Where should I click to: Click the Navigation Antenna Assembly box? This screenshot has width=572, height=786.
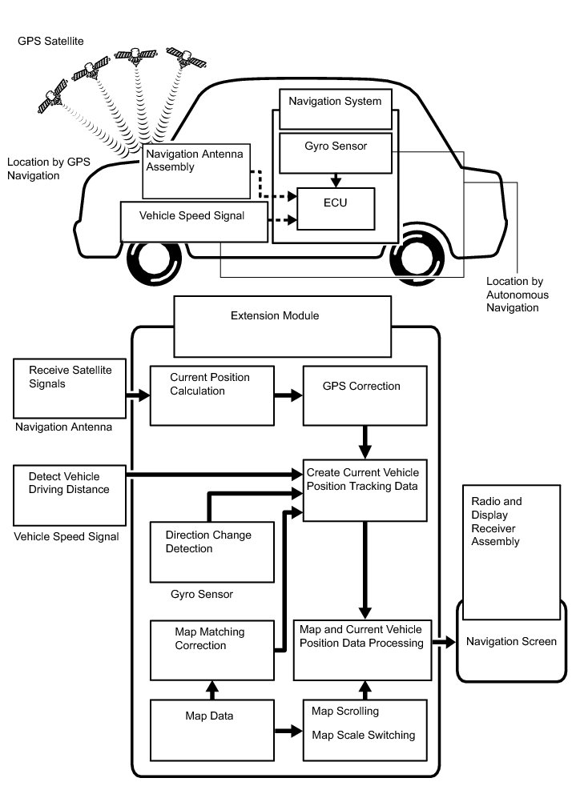(196, 171)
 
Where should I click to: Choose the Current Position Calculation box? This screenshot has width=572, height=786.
(211, 395)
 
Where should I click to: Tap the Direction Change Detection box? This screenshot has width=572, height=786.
(211, 551)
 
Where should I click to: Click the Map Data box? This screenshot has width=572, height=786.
(211, 731)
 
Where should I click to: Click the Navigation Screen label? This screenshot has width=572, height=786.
(511, 641)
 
